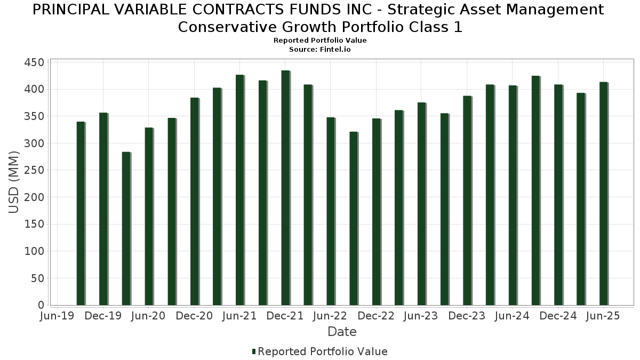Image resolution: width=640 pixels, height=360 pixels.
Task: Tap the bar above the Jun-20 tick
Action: pos(149,217)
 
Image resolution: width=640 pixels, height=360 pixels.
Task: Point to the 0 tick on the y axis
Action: pos(41,305)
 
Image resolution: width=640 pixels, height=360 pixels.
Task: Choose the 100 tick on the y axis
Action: pos(34,251)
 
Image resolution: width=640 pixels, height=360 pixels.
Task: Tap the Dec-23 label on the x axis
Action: pos(467,316)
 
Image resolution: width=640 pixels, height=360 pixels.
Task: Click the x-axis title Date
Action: pos(342,332)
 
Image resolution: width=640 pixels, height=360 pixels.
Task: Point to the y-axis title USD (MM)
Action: pos(14,182)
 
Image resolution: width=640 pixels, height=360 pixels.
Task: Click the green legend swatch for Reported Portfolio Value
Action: pos(254,351)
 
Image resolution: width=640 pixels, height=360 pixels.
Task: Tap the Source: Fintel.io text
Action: pos(320,49)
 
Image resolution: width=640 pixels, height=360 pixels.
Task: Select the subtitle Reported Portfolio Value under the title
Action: pos(320,41)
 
